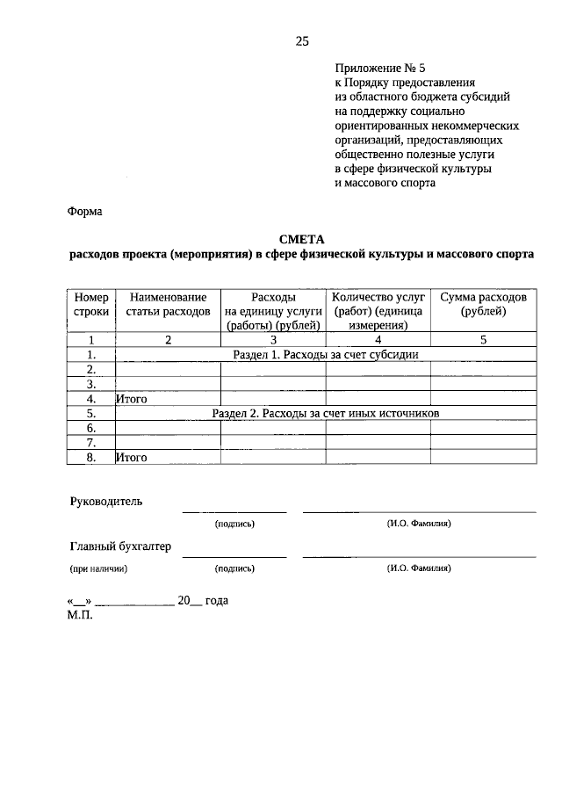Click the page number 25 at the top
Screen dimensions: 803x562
pos(302,41)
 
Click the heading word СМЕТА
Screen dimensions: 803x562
pos(302,239)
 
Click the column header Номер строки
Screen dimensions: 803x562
pos(91,305)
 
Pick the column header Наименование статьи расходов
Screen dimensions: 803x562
pos(168,305)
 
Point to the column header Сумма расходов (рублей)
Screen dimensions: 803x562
pos(483,305)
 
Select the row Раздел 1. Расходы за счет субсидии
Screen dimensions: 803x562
pos(325,354)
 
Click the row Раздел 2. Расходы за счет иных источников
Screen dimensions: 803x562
pos(325,412)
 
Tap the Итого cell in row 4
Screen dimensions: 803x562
pos(132,398)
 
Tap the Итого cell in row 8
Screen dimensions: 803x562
pos(132,457)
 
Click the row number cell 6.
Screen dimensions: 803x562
pos(91,427)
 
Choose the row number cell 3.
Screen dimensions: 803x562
pos(91,384)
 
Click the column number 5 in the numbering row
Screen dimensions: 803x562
pos(483,339)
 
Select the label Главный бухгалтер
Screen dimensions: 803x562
pos(120,546)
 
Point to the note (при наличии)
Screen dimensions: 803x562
pos(98,568)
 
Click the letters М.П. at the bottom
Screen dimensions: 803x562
pos(78,615)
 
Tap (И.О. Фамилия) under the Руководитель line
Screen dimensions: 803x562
pos(419,523)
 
